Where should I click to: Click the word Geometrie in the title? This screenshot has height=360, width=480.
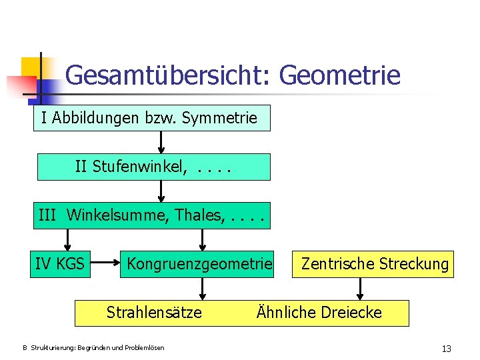340,75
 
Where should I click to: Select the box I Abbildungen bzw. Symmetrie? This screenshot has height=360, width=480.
152,119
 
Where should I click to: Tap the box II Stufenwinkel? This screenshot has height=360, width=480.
153,167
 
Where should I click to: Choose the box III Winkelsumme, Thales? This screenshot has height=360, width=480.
152,215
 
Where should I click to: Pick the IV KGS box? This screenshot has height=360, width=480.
59,264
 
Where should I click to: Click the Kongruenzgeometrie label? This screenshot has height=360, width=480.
199,264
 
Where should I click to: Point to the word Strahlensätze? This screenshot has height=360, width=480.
154,313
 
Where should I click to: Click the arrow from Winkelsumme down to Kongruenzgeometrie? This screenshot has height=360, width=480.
203,239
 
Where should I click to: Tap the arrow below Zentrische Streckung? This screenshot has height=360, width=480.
361,288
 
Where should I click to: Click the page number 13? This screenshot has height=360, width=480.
446,349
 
